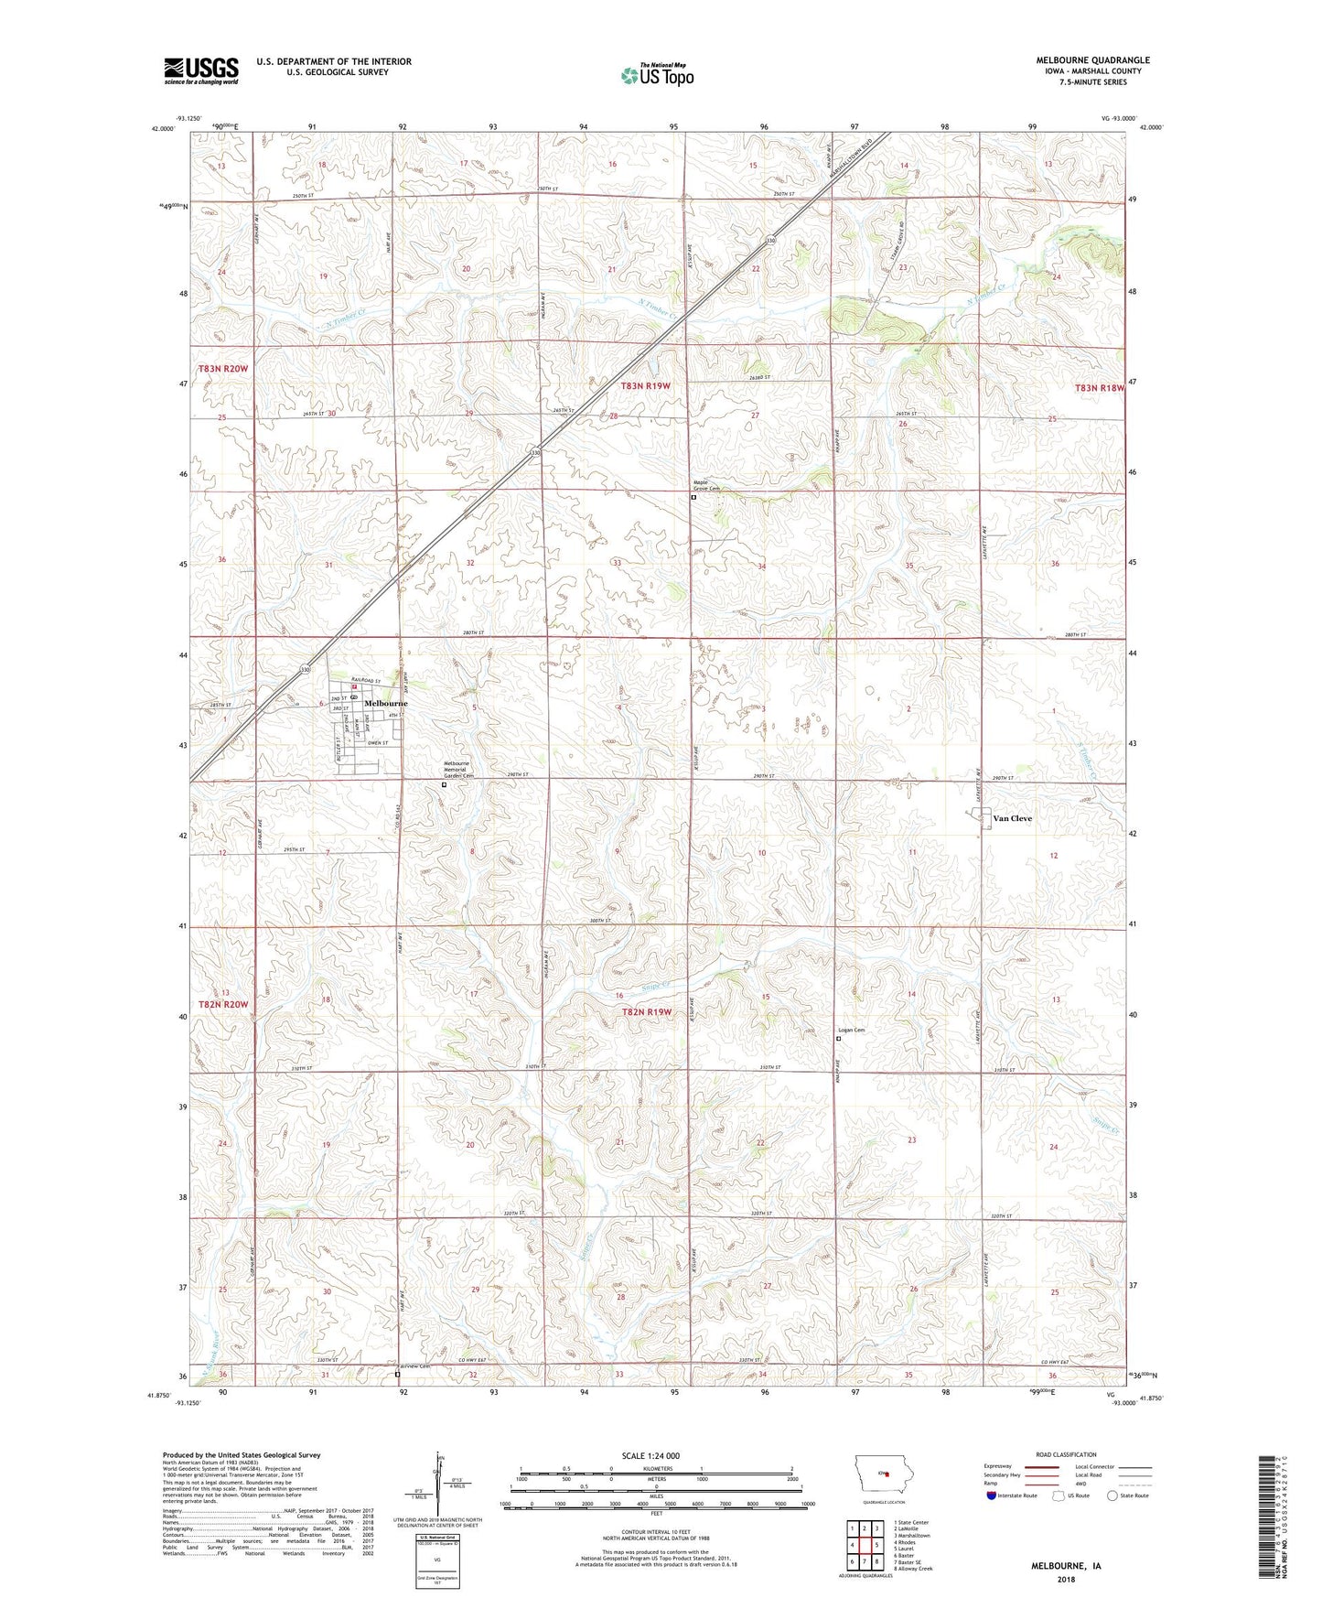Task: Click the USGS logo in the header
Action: (x=201, y=70)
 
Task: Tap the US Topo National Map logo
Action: (x=657, y=75)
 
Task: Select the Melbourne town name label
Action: (x=385, y=703)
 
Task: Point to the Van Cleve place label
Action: (x=1012, y=818)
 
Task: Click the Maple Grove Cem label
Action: (x=706, y=486)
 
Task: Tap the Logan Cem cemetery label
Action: (x=851, y=1030)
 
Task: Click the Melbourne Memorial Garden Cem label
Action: (x=457, y=770)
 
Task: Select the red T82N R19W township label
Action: (x=647, y=1011)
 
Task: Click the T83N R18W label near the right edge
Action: (x=1098, y=388)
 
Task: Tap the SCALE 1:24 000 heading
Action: (x=650, y=1455)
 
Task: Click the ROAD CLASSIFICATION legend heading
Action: (x=1066, y=1454)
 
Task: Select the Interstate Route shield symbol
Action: (x=992, y=1495)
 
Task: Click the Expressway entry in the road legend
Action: (x=998, y=1466)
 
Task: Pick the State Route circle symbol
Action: (x=1112, y=1495)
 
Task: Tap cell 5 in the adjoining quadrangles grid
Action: (x=876, y=1545)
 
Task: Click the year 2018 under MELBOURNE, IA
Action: (x=1066, y=1579)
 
